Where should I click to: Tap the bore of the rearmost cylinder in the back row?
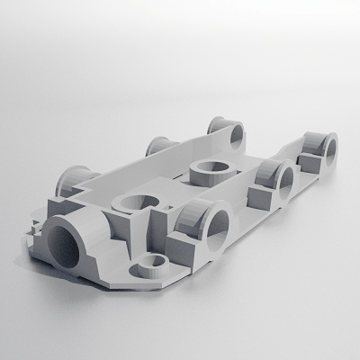coord(237,133)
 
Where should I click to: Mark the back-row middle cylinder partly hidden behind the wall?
coord(161,146)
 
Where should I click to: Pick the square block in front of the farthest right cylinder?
coord(306,163)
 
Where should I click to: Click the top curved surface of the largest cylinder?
coord(76,216)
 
